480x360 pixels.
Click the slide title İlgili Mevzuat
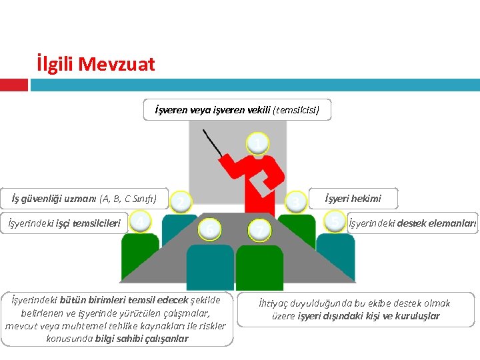(x=96, y=65)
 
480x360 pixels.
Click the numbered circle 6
(x=209, y=230)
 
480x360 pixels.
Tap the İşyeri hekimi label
(x=353, y=199)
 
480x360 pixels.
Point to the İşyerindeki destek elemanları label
(x=413, y=223)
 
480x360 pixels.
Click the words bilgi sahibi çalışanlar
(x=151, y=338)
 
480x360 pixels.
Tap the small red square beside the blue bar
(x=14, y=85)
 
